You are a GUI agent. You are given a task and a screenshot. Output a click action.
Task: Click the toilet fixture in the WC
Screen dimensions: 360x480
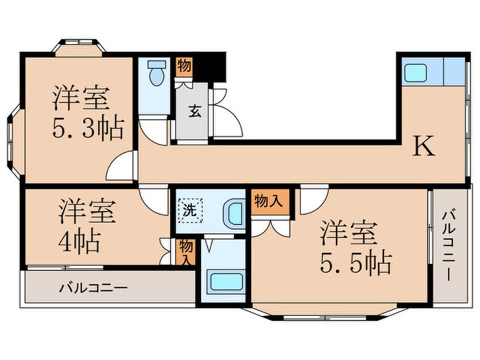155,73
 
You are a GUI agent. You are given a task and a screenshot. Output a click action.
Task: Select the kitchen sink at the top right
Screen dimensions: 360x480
415,72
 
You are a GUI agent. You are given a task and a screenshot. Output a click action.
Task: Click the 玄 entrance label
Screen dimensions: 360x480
193,112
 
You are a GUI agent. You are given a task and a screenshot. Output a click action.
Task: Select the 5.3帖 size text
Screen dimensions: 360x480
89,129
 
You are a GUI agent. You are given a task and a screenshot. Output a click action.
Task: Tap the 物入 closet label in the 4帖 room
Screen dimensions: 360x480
186,252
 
